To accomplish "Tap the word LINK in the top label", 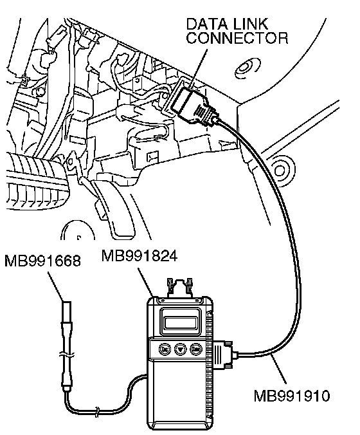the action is (x=251, y=24).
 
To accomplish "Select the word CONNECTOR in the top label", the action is (x=237, y=38).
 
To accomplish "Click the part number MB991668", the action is (x=42, y=261).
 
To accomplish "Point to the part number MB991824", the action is (x=139, y=255).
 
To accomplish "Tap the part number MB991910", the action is (x=292, y=396).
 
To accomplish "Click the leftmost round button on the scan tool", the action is (x=165, y=349).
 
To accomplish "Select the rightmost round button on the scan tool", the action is (x=196, y=349).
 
